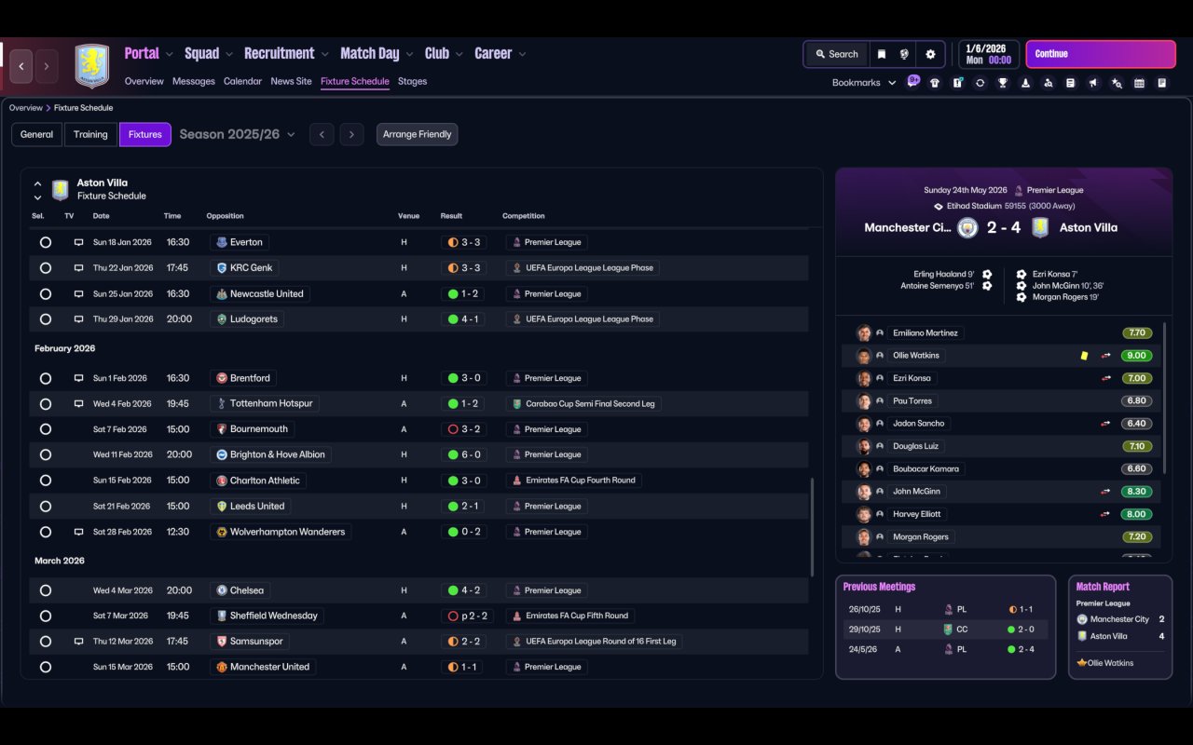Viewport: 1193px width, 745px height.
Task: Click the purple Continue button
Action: pyautogui.click(x=1101, y=54)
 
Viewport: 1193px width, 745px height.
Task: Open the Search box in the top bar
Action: pyautogui.click(x=837, y=54)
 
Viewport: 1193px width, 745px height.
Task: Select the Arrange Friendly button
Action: pyautogui.click(x=417, y=134)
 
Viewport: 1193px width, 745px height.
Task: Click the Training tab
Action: pyautogui.click(x=90, y=134)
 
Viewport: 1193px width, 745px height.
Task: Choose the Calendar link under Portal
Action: pyautogui.click(x=242, y=81)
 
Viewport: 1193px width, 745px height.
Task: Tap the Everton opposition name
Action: pyautogui.click(x=246, y=242)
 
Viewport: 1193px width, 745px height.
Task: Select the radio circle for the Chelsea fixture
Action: pyautogui.click(x=46, y=590)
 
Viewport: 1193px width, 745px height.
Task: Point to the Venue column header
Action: pyautogui.click(x=408, y=215)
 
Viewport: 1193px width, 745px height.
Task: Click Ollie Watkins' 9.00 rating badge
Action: pyautogui.click(x=1136, y=356)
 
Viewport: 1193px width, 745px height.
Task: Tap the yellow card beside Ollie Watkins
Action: pyautogui.click(x=1084, y=356)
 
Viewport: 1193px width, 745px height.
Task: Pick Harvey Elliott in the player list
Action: pyautogui.click(x=916, y=514)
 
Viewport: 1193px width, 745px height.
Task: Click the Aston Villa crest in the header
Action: pyautogui.click(x=92, y=65)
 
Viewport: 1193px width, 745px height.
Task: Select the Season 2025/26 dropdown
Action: pyautogui.click(x=237, y=134)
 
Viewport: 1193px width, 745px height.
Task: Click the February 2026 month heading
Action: pyautogui.click(x=65, y=348)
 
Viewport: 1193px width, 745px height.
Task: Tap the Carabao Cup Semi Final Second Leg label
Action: pyautogui.click(x=590, y=404)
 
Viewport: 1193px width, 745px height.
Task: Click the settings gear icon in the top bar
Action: pyautogui.click(x=930, y=54)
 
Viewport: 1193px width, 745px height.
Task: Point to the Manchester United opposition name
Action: pyautogui.click(x=269, y=667)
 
